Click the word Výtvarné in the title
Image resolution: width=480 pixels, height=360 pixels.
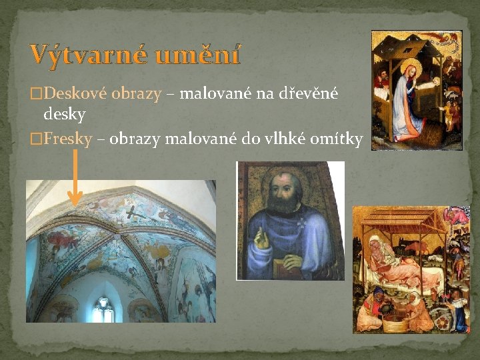[x=88, y=54]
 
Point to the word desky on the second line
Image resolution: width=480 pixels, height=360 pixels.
[x=64, y=115]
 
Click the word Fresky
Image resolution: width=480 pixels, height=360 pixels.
[x=67, y=139]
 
